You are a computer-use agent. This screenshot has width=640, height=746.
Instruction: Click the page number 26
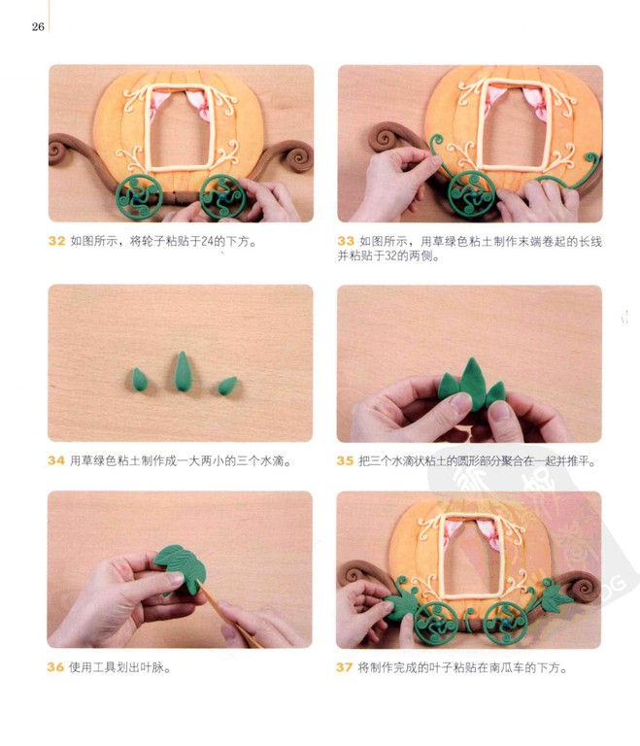[38, 26]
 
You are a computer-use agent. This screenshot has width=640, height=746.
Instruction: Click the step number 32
[56, 241]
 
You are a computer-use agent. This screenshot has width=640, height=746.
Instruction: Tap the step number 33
[346, 241]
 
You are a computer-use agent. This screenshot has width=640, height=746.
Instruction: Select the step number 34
[56, 460]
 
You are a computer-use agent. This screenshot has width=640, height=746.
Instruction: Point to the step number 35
[345, 460]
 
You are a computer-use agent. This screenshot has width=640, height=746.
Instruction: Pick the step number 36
[55, 667]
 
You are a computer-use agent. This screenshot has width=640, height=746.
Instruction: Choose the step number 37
[344, 667]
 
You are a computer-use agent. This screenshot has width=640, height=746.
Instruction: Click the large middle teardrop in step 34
[182, 372]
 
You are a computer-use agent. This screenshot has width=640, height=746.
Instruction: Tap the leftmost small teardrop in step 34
[140, 380]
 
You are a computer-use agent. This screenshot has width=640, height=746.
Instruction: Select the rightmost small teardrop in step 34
[227, 386]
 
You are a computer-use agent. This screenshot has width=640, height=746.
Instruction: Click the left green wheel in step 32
[140, 197]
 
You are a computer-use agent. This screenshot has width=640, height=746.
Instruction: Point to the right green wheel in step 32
[222, 197]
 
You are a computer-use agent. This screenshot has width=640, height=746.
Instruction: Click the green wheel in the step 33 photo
[472, 194]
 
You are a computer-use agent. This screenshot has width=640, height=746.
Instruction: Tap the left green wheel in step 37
[436, 624]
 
